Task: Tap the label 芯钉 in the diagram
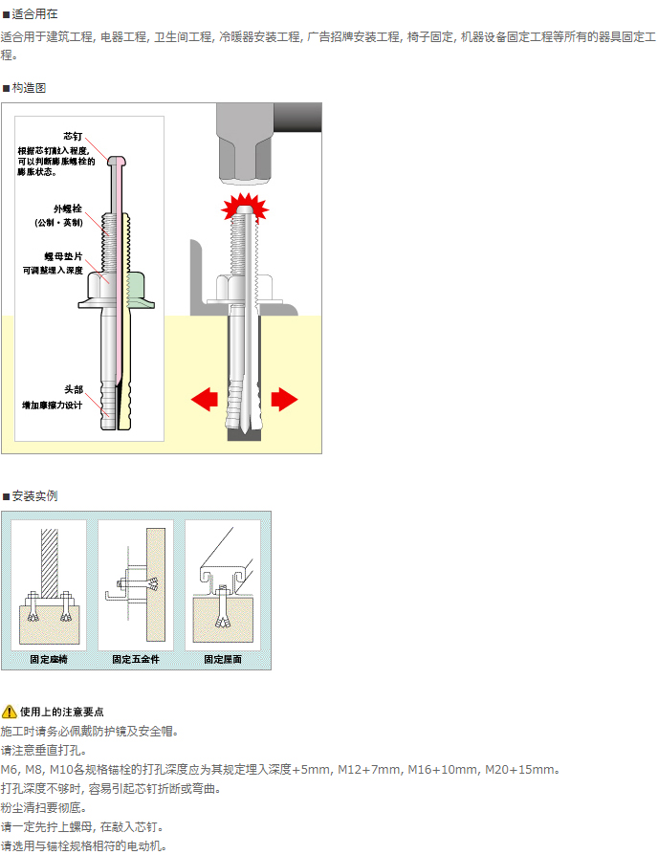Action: click(74, 137)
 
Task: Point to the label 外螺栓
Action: click(68, 208)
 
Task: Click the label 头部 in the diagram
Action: click(74, 390)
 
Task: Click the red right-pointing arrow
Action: click(284, 399)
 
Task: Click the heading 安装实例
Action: click(33, 496)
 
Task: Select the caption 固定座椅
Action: click(48, 660)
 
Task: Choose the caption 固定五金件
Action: click(135, 660)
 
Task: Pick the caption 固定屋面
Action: click(223, 660)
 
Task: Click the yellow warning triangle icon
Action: click(10, 712)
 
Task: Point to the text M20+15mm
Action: click(520, 770)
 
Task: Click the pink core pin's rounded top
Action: click(117, 160)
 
